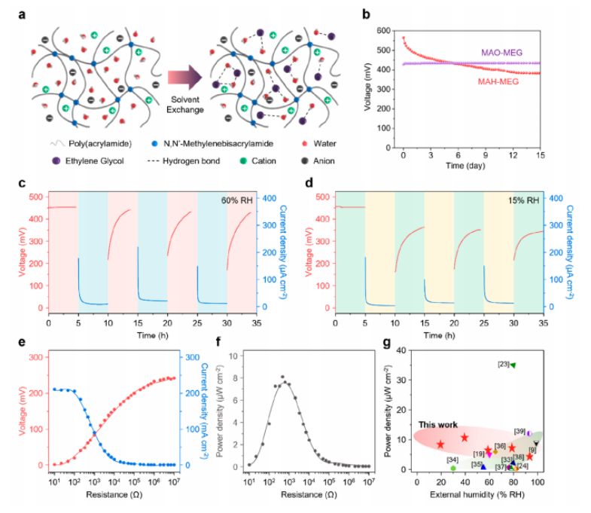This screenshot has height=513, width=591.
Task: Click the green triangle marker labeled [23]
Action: coord(513,365)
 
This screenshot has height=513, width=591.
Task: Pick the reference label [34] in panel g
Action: coord(452,460)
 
